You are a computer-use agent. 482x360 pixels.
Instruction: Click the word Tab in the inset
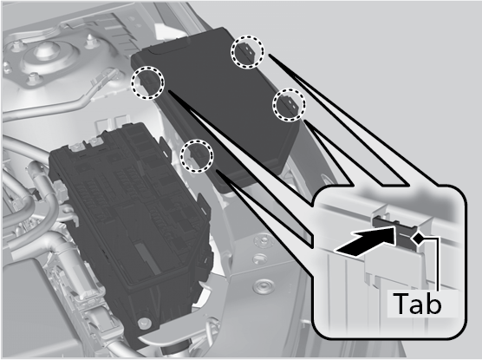(417, 304)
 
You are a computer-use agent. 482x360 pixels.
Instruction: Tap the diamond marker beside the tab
(418, 239)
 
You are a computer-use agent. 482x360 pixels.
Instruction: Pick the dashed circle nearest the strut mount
(147, 82)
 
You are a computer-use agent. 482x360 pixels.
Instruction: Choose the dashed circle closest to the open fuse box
(197, 155)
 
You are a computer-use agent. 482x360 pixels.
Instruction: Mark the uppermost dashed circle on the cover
(247, 51)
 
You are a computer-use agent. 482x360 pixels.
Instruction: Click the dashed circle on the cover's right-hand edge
(289, 105)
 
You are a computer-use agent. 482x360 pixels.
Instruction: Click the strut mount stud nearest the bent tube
(33, 78)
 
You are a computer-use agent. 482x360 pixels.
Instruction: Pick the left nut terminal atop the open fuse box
(75, 147)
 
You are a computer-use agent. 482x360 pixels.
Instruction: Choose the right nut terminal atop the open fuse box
(95, 142)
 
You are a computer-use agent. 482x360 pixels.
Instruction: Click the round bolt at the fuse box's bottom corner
(145, 324)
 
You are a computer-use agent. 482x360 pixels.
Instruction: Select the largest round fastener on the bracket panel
(263, 286)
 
